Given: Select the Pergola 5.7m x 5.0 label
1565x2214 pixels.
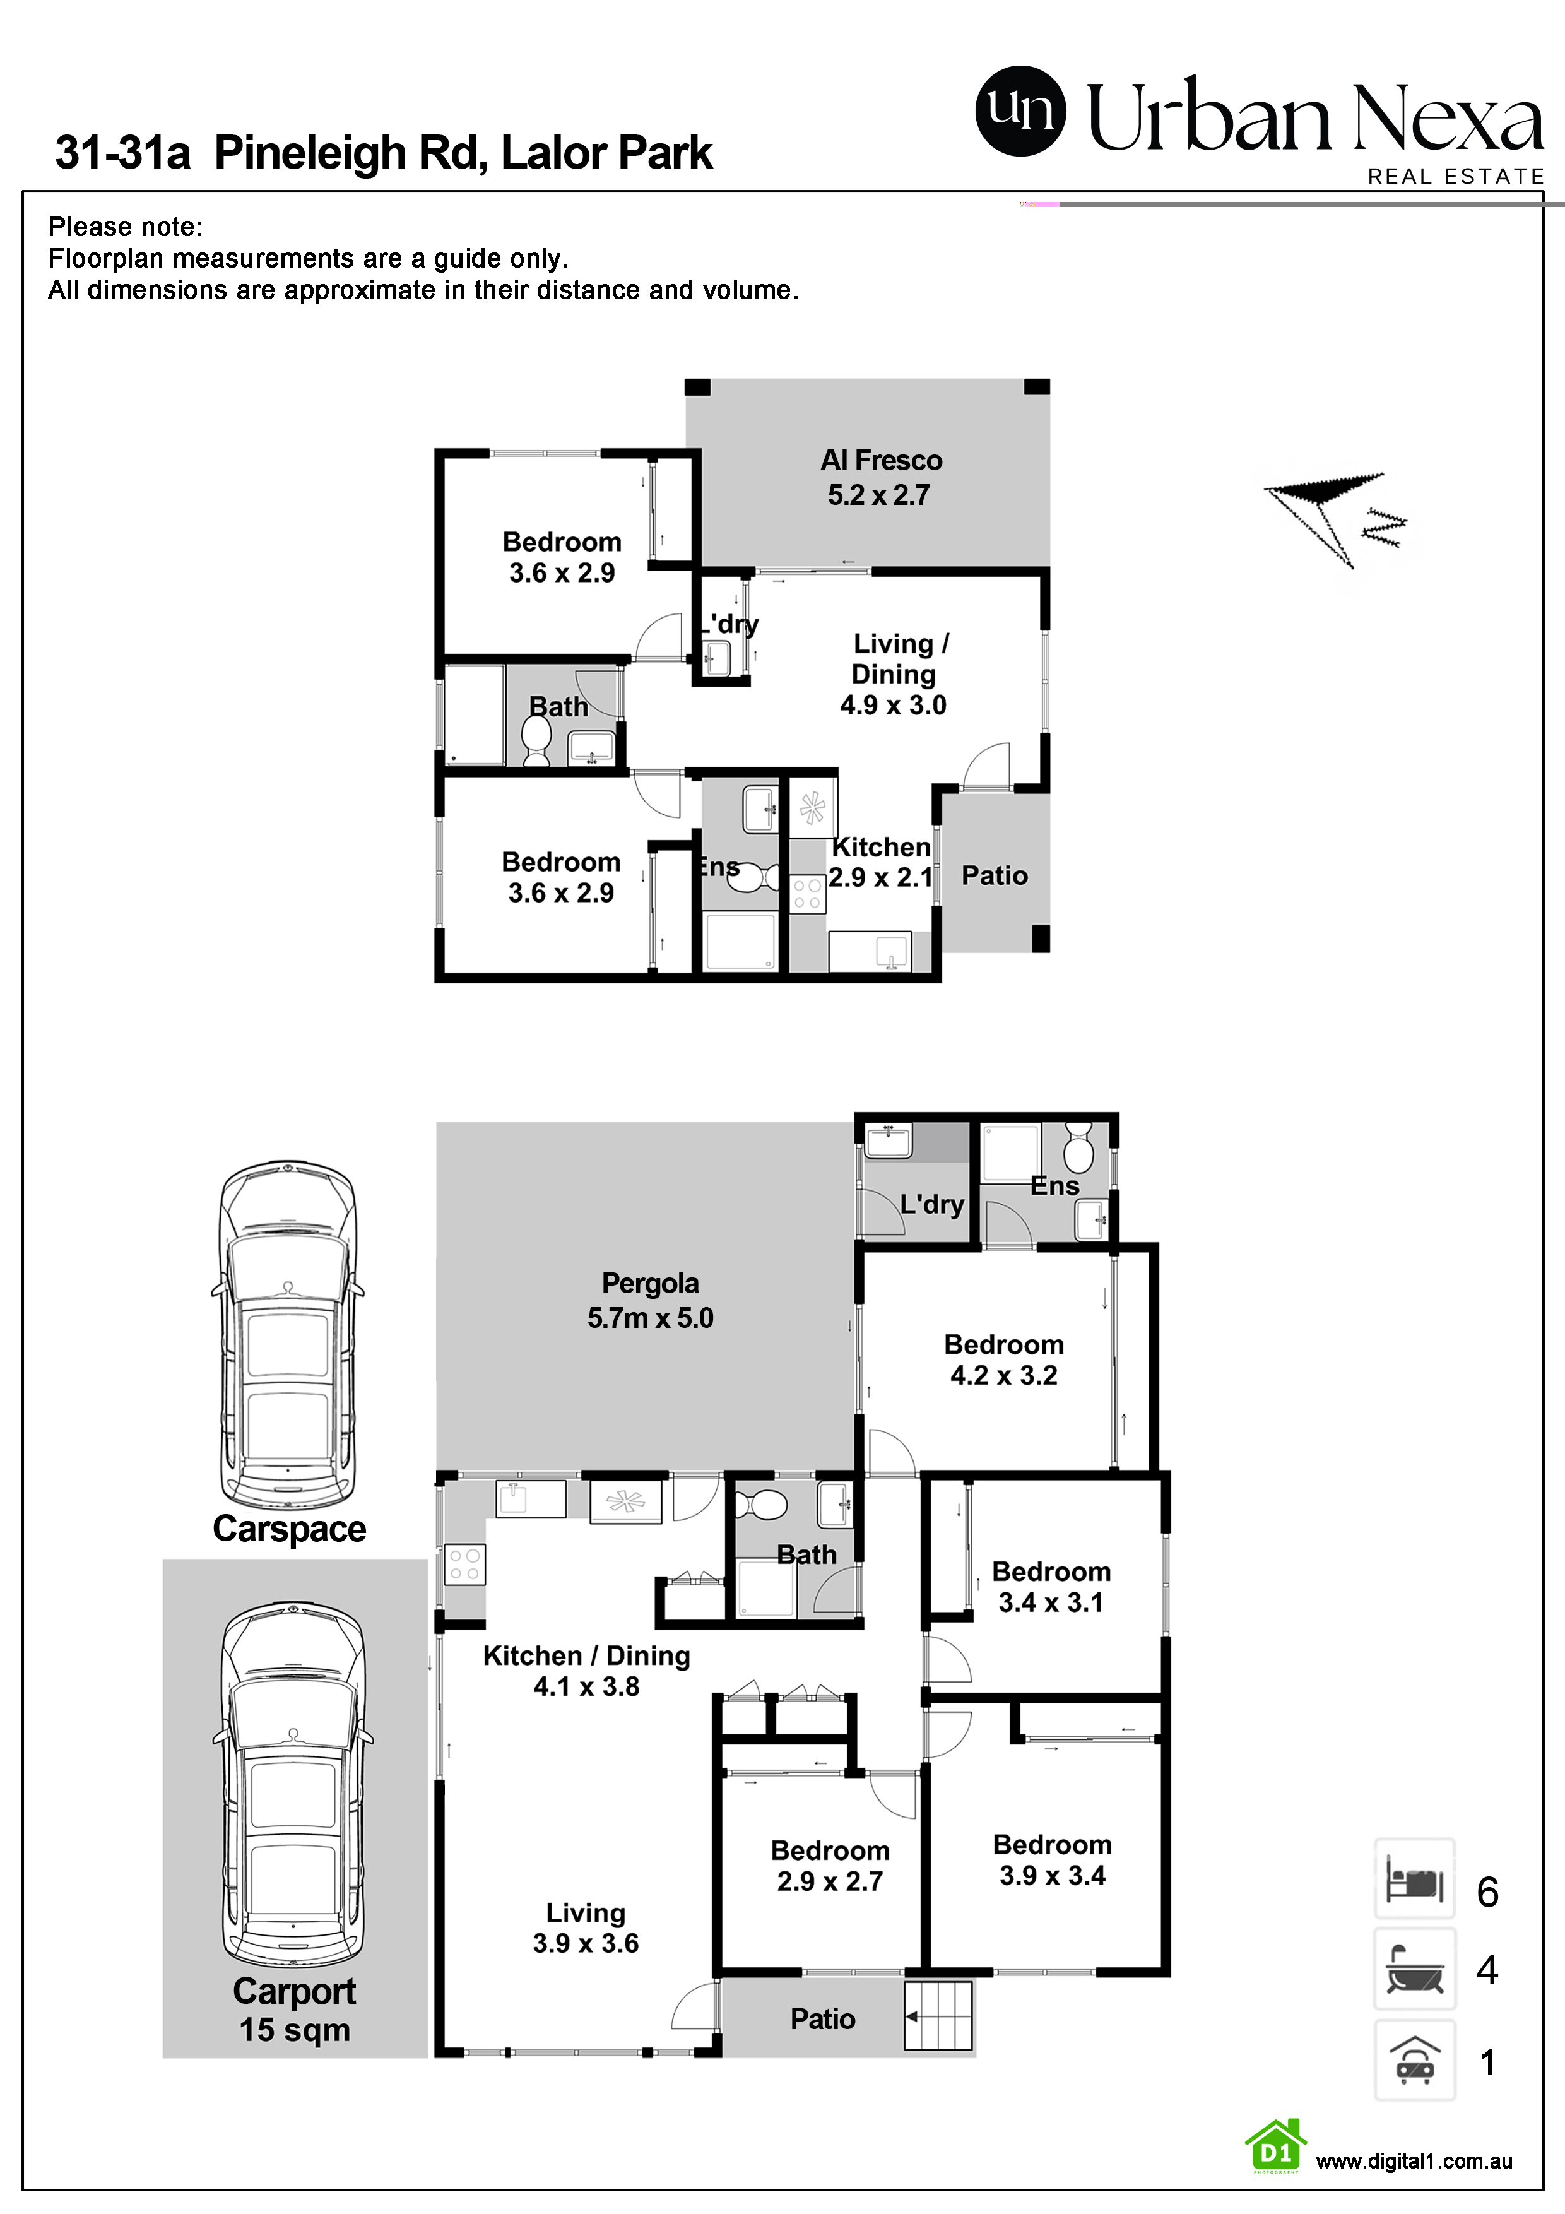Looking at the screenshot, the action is pos(650,1300).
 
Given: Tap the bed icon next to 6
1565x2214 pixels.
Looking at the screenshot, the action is pos(1414,1878).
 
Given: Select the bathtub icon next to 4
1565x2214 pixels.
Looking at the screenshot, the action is pos(1414,1968).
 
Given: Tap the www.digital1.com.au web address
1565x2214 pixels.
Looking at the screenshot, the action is pos(1414,2161).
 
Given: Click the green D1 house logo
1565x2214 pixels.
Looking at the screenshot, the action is pos(1276,2146).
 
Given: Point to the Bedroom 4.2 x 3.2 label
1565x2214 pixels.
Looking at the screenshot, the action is pos(1004,1359).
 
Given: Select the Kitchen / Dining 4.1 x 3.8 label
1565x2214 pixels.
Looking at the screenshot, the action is pos(586,1671).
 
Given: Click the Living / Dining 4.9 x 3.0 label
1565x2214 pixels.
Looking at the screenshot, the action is pos(894,674).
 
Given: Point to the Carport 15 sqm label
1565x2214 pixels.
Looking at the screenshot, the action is pos(294,2011).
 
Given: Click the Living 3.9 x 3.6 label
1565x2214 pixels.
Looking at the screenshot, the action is pos(586,1927).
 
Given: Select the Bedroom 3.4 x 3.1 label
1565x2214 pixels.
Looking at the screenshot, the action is pos(1051,1587).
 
